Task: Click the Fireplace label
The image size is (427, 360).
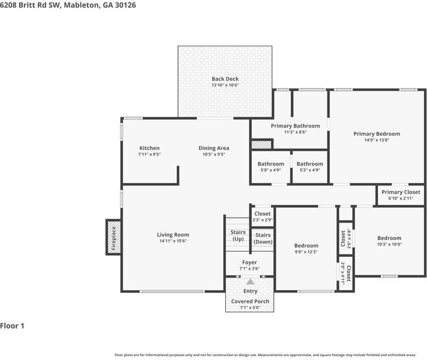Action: tap(114, 239)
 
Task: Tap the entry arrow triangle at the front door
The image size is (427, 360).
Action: tap(250, 281)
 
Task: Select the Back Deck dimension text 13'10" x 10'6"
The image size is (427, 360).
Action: tap(225, 85)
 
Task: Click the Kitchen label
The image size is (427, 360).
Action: tap(149, 148)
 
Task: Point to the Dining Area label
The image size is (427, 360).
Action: tap(214, 148)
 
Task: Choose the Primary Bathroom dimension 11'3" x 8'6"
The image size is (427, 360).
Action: tap(296, 132)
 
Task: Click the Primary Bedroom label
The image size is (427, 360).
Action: tap(376, 134)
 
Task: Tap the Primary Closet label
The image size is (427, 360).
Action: tap(401, 192)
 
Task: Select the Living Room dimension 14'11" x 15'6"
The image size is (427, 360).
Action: tap(173, 241)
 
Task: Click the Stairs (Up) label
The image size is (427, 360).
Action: tap(238, 236)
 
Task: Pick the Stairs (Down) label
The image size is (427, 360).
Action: tap(263, 239)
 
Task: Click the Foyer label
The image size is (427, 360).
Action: tap(249, 262)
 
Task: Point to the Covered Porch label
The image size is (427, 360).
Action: tap(250, 301)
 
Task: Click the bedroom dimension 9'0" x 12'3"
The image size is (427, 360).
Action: tap(306, 252)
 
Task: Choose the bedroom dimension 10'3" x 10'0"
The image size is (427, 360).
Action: tap(389, 244)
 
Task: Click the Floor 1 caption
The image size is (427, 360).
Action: tap(12, 326)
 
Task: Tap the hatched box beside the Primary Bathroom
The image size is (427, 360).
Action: tap(261, 145)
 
